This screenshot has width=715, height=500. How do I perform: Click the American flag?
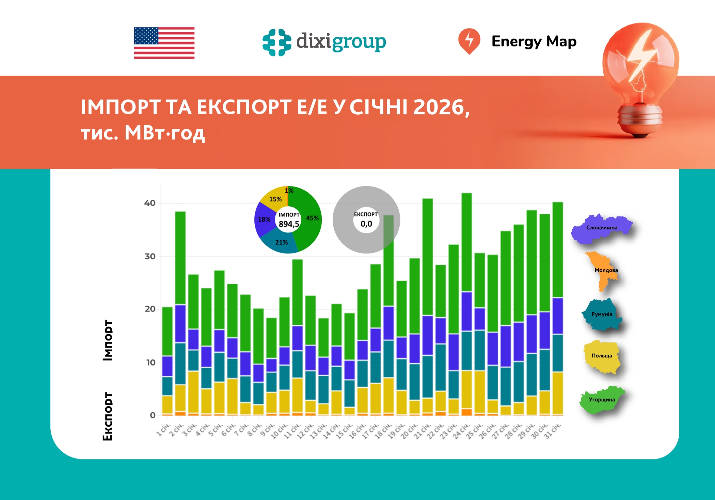point(164,43)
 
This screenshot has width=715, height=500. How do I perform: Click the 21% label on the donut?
point(281,242)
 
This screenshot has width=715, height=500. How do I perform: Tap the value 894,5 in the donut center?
point(289,224)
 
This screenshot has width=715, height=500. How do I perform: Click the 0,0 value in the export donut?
point(366,224)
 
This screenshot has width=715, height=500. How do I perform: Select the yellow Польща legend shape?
point(602,356)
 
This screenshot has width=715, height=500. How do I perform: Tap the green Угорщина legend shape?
point(602,400)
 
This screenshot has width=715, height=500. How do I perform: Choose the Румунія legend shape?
point(602,314)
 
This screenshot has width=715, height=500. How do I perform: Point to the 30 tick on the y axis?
point(150,256)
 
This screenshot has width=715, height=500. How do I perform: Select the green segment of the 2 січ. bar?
point(180,258)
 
